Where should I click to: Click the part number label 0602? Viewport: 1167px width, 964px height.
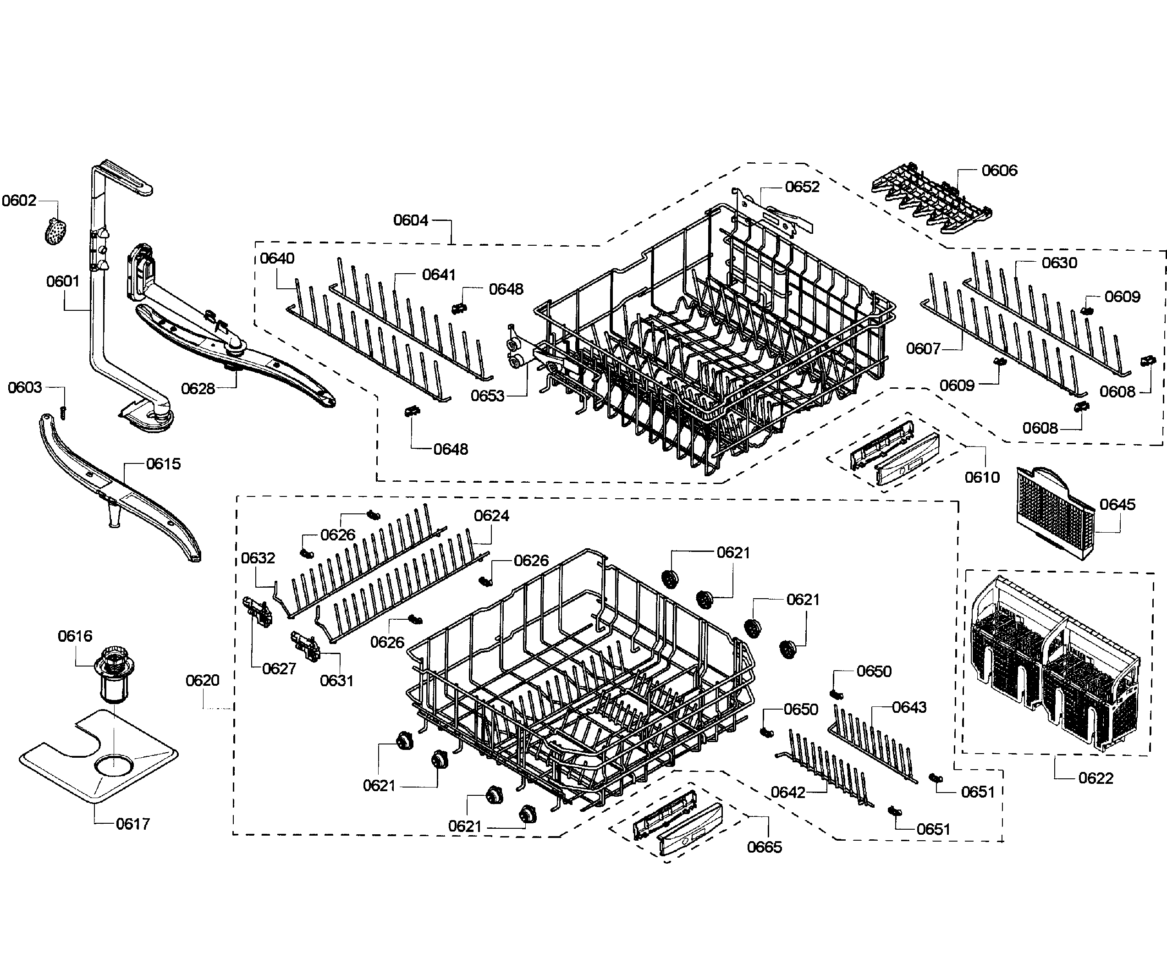click(19, 200)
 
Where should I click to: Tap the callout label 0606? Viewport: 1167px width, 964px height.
click(999, 171)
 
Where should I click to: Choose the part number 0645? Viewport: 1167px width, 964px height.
click(1117, 505)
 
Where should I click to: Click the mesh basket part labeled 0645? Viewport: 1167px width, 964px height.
click(1054, 511)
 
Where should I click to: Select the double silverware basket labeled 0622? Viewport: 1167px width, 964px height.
click(1055, 664)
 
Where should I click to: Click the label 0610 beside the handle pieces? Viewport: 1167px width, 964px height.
click(981, 477)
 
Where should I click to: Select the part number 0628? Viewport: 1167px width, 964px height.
click(198, 389)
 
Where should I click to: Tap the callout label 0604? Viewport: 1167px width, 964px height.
click(410, 220)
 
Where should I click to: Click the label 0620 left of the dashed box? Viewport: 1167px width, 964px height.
click(202, 680)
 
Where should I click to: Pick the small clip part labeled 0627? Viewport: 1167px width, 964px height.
click(258, 611)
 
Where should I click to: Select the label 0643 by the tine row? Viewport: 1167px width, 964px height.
click(909, 707)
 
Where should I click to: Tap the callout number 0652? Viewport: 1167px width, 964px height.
click(802, 187)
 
